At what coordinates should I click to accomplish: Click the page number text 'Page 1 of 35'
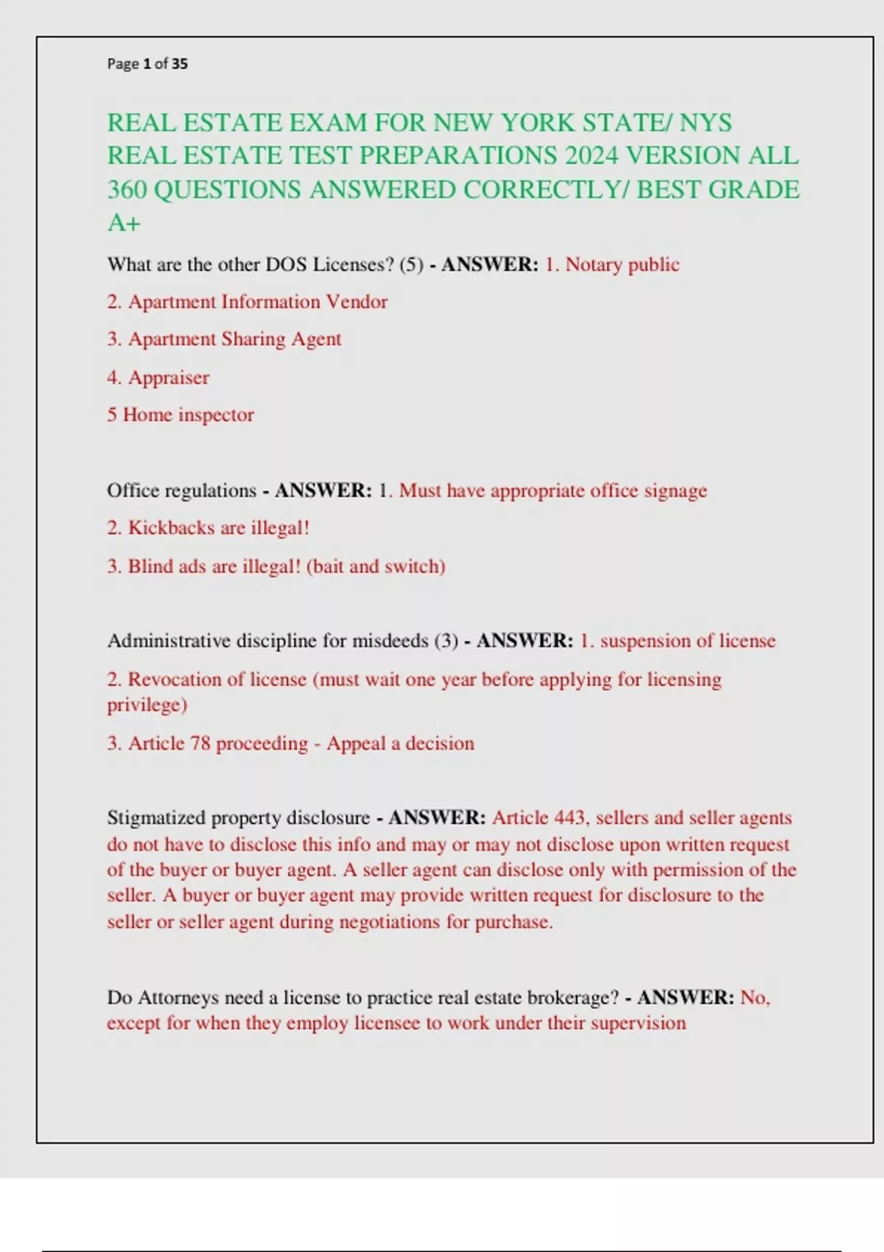(x=147, y=64)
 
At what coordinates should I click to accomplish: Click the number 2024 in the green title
(x=592, y=156)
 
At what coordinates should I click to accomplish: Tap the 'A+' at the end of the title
(x=124, y=222)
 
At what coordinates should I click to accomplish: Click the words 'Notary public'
(x=622, y=264)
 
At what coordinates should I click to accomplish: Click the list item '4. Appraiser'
(x=158, y=378)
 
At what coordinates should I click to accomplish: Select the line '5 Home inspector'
(x=180, y=415)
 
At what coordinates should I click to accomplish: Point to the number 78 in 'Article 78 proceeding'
(x=200, y=743)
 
